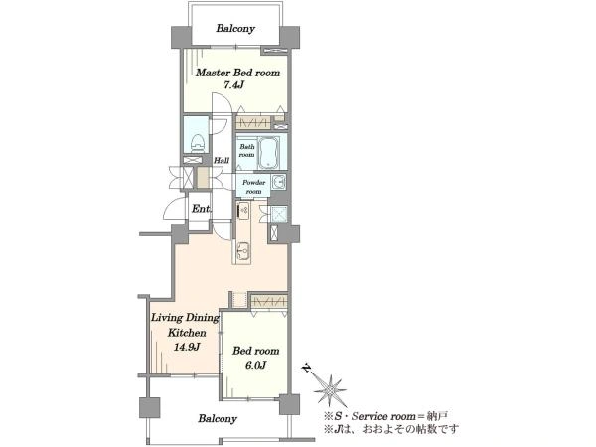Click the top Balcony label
[x=235, y=28]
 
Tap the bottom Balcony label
[x=218, y=419]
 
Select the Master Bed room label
[x=237, y=73]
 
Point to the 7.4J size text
[x=233, y=85]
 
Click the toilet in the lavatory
[x=197, y=144]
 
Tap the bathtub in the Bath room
[x=268, y=152]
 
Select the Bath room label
[x=246, y=151]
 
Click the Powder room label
[x=253, y=187]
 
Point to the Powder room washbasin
[x=279, y=182]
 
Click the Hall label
[x=222, y=160]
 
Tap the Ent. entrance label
[x=201, y=209]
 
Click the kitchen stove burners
[x=242, y=210]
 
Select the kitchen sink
[x=243, y=249]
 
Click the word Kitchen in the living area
[x=187, y=333]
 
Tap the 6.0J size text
[x=255, y=365]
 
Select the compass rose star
[x=329, y=390]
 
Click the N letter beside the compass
[x=307, y=368]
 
